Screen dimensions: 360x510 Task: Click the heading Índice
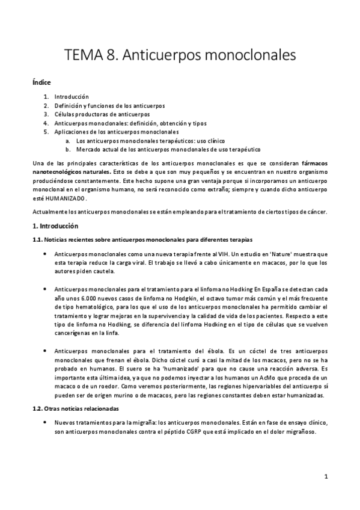[x=42, y=82]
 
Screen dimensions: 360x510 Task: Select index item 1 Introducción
[x=71, y=96]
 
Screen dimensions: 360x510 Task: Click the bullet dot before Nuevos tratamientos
[x=46, y=424]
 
